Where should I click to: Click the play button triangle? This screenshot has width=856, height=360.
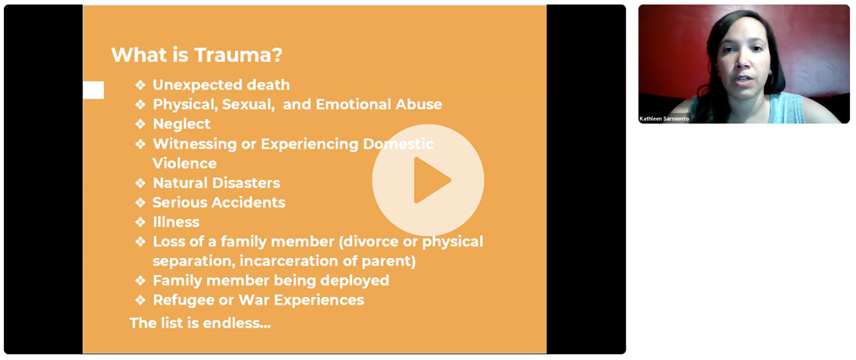(430, 180)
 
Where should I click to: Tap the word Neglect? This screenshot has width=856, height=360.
(182, 124)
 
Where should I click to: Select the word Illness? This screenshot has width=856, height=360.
(176, 222)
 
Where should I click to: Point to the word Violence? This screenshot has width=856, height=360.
(184, 163)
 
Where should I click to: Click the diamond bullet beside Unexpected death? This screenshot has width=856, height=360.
(140, 85)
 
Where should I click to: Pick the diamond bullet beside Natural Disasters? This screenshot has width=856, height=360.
(140, 183)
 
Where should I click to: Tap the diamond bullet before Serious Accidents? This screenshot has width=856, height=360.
(140, 202)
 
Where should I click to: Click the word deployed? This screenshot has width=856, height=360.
(355, 280)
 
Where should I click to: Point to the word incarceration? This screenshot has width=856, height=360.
(288, 261)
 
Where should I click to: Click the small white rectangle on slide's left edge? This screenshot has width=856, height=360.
(94, 90)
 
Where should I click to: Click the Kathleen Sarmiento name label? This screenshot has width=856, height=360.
(664, 118)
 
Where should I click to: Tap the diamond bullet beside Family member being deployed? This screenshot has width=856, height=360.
(140, 280)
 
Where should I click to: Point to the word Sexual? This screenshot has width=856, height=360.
(248, 105)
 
